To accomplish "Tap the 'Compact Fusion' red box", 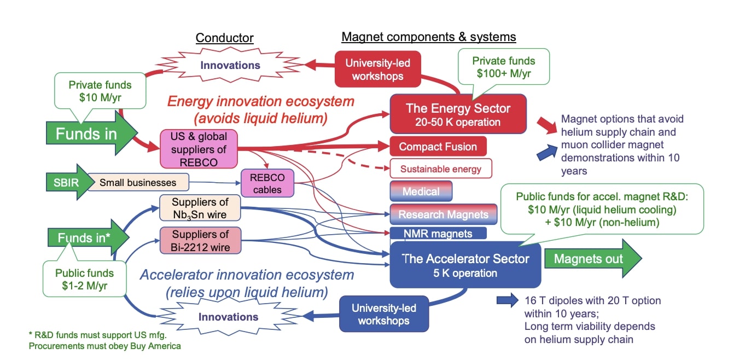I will tap(438, 147).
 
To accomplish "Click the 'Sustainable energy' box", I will tap(440, 169).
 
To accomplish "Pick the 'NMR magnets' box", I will tap(438, 234).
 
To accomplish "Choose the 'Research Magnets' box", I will tap(443, 214).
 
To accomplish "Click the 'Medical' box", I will tap(421, 191).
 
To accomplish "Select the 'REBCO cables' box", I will tap(267, 183).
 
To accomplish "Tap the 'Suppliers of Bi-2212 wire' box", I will tap(200, 240).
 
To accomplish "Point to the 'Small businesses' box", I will tap(137, 183).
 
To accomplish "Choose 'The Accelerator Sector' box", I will tap(465, 265).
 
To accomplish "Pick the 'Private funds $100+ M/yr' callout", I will tap(503, 66).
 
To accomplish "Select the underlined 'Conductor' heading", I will tap(224, 38).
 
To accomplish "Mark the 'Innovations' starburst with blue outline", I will tap(228, 317).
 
